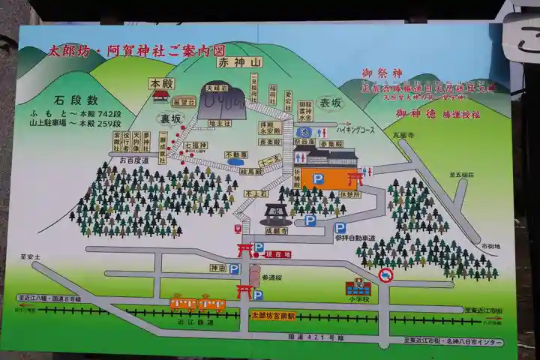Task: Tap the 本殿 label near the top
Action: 161,82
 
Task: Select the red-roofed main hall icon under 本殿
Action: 160,95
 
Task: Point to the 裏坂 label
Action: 170,118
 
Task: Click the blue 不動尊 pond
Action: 235,161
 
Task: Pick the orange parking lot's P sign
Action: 319,178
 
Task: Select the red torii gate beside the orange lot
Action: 355,178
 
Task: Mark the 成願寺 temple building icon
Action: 275,214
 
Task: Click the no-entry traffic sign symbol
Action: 385,274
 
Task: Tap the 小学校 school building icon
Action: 358,286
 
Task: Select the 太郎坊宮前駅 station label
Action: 273,316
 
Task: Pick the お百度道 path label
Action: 133,160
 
